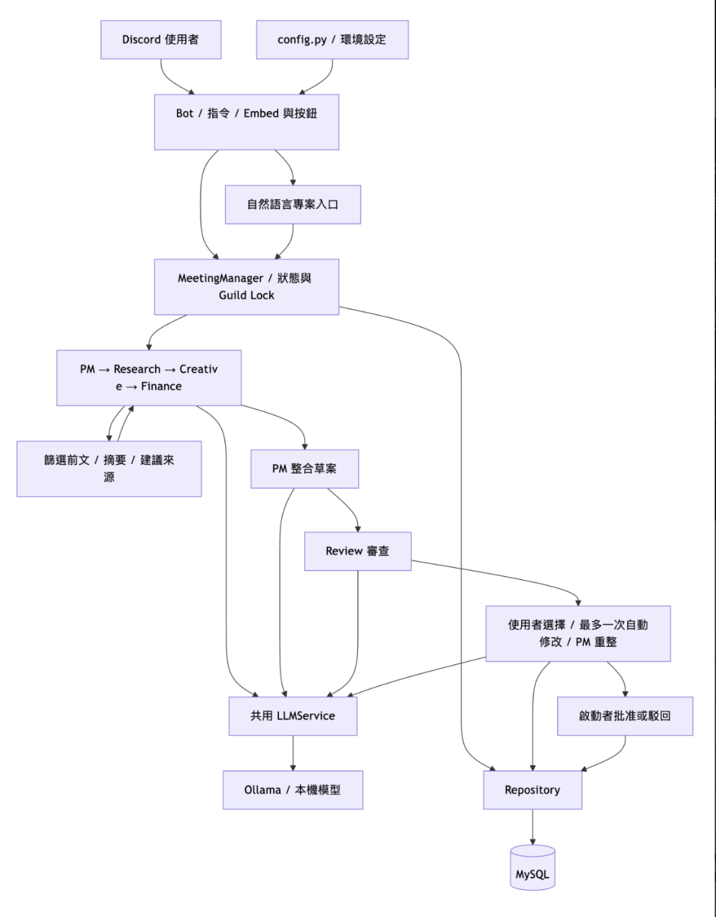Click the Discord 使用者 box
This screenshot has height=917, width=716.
tap(161, 40)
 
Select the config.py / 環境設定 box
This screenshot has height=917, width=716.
tap(332, 40)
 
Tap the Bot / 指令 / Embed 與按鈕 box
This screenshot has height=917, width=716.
tap(246, 122)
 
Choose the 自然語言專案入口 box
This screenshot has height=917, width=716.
tap(293, 205)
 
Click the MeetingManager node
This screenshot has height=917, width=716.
tap(246, 287)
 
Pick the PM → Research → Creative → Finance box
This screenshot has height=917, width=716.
tap(149, 378)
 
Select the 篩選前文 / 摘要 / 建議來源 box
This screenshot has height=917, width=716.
tap(109, 469)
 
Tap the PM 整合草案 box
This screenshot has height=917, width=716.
tap(304, 469)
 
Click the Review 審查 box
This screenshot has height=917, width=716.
tap(357, 551)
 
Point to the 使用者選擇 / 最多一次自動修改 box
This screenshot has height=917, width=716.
tap(578, 634)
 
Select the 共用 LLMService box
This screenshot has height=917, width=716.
tap(293, 716)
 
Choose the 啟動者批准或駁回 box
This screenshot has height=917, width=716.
tap(625, 716)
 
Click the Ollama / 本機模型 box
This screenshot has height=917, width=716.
tap(293, 790)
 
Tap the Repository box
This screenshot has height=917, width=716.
tap(533, 790)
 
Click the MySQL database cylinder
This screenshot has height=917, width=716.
tap(533, 867)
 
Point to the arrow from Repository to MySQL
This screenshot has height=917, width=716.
tap(533, 827)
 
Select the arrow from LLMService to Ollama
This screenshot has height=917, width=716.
tap(293, 753)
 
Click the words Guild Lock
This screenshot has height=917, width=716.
tap(246, 295)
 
